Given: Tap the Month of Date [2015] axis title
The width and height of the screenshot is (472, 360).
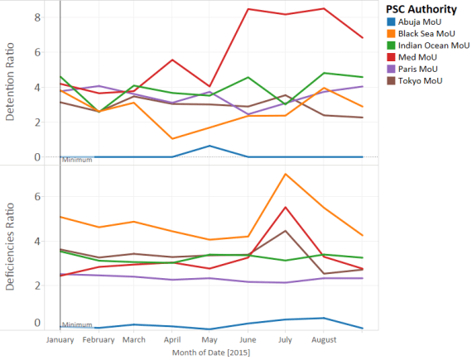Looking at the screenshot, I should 210,353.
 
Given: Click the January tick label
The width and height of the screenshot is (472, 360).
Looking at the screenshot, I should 61,339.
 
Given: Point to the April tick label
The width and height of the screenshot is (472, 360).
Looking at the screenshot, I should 171,339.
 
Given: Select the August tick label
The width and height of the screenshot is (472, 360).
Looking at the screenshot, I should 323,339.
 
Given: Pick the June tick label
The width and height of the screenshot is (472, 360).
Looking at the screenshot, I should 248,339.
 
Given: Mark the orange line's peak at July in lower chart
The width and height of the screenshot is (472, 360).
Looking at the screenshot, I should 286,174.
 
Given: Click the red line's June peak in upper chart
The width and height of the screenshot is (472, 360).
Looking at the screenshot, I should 248,9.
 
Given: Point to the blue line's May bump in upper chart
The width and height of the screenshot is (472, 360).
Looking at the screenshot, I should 210,146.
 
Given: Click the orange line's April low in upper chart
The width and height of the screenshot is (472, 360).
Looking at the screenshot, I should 171,138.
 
